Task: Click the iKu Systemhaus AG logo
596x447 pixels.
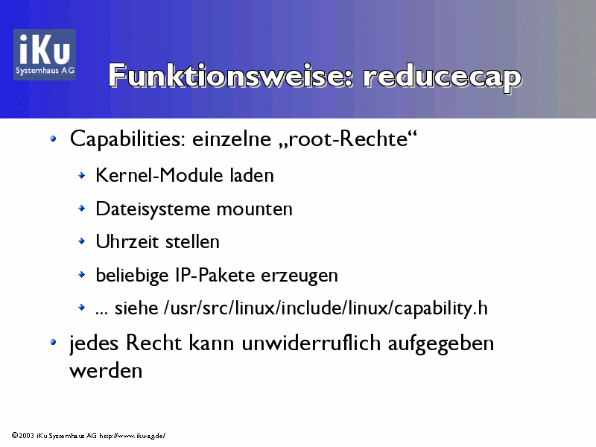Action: [x=45, y=54]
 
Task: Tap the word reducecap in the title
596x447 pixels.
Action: [x=443, y=77]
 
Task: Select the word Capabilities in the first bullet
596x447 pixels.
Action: [x=127, y=139]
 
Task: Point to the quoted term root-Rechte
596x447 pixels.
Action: [x=348, y=139]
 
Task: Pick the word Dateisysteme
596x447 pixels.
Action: [x=153, y=209]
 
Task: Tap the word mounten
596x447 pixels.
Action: [x=255, y=209]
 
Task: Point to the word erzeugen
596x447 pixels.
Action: [x=299, y=276]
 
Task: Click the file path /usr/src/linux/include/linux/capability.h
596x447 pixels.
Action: [x=326, y=308]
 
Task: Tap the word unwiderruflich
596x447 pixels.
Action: [x=311, y=343]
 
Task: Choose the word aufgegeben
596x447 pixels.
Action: [x=440, y=344]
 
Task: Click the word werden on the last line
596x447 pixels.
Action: [x=106, y=370]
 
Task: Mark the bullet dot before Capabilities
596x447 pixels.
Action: [x=53, y=139]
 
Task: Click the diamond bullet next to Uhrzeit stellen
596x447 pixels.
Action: [x=81, y=241]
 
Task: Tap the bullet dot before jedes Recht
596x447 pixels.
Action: [x=53, y=343]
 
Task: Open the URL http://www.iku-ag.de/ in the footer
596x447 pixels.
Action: [x=133, y=436]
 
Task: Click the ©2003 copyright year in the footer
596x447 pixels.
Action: [x=23, y=435]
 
